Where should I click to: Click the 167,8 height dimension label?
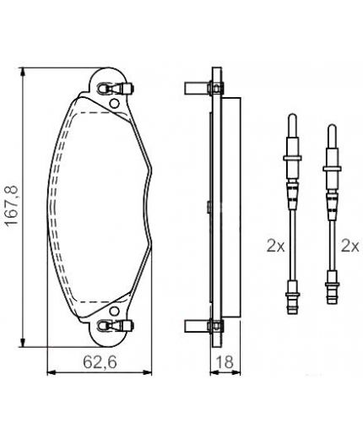[12, 206]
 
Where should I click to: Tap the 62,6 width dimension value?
[100, 362]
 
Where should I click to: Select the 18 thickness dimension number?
[225, 362]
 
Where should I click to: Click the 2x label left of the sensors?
[275, 246]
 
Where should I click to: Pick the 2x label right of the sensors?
[350, 246]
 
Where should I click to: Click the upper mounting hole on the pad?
[114, 104]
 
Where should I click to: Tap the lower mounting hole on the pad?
[114, 311]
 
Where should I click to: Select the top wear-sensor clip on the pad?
[116, 89]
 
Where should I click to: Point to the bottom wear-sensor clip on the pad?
[116, 326]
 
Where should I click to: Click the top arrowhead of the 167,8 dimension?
[23, 72]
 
